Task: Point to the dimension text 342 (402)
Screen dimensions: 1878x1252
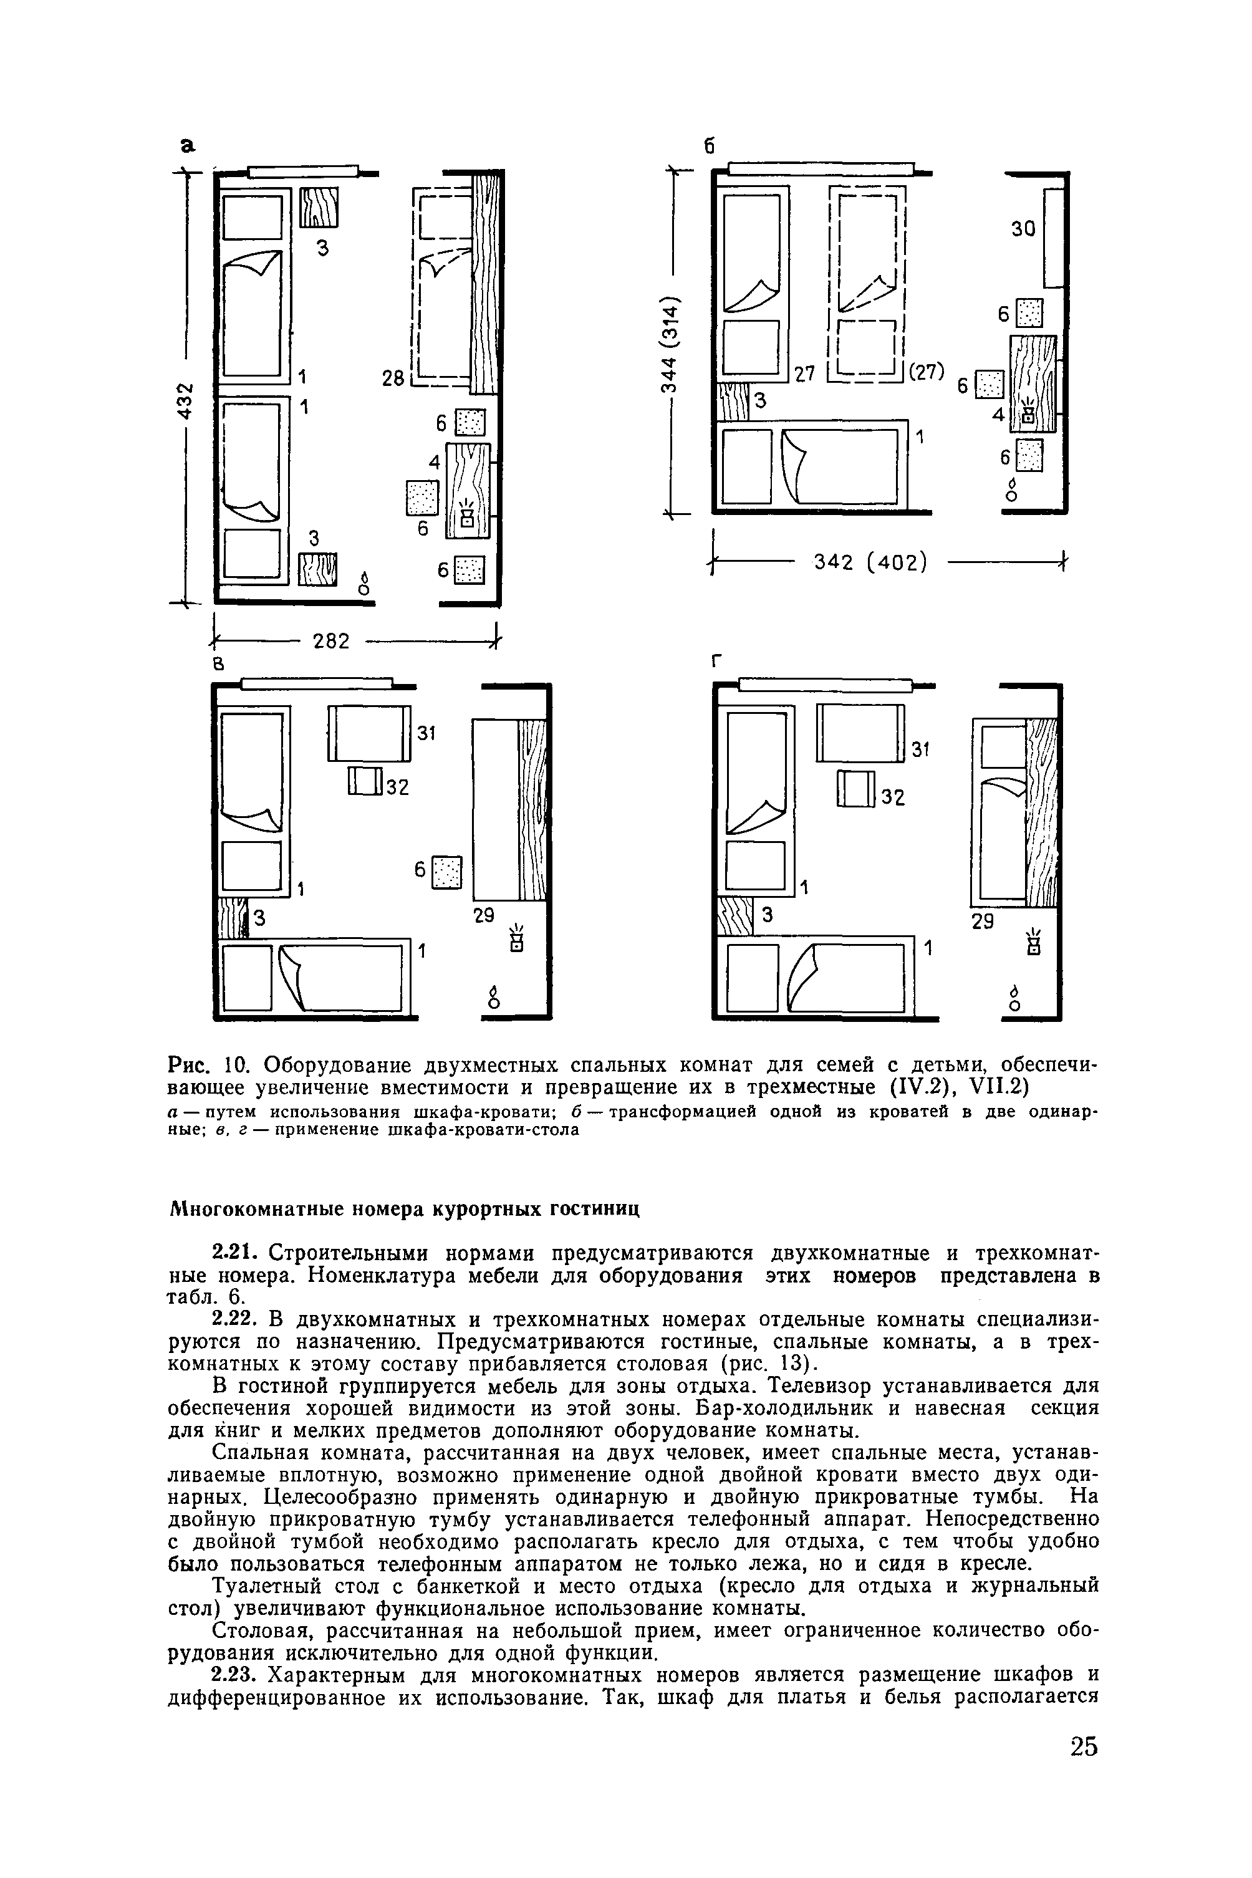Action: click(x=870, y=563)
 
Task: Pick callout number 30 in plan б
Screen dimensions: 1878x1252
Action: click(x=1022, y=229)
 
